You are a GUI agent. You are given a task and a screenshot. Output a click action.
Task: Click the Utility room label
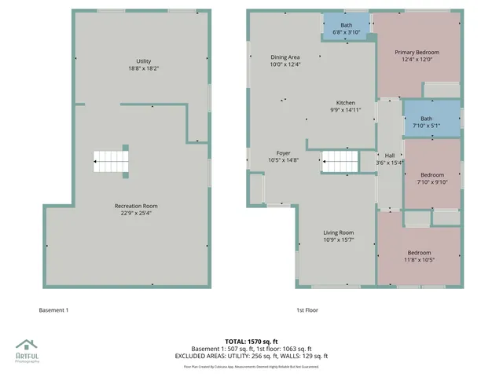tap(143, 61)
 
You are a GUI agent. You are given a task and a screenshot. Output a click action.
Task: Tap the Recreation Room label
tap(130, 206)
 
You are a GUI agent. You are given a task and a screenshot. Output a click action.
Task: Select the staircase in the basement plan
tap(111, 161)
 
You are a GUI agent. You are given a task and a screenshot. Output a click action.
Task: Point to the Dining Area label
tap(285, 57)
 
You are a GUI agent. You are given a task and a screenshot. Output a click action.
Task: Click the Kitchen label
tap(346, 103)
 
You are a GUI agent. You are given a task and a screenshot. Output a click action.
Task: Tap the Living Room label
tap(340, 232)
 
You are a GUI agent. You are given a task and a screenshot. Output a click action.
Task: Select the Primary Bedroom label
tap(417, 52)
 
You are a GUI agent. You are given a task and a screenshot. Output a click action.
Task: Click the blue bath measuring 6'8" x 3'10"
tap(346, 28)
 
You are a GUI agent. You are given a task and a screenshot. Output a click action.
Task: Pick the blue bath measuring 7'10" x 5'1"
tap(431, 119)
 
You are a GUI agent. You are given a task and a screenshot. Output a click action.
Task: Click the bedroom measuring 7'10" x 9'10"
tap(431, 178)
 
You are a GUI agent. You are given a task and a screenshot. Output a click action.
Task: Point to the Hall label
tap(389, 156)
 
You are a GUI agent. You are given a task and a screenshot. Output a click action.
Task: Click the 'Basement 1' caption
tap(53, 310)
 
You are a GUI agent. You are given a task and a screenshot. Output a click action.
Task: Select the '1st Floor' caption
tap(307, 310)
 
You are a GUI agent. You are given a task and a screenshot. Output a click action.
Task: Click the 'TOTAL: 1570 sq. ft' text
tap(251, 342)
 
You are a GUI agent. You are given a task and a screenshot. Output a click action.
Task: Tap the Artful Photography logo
tap(28, 349)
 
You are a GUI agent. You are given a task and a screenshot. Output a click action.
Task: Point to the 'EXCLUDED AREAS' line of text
tap(251, 356)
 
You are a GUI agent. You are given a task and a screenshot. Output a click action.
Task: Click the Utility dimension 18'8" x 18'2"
tap(143, 69)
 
